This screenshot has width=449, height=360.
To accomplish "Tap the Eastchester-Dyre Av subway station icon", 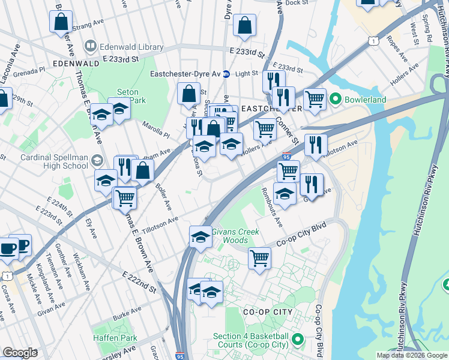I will tap(226, 74).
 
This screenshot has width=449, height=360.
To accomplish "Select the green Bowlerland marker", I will tap(334, 98).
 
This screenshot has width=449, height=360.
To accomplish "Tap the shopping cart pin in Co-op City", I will tap(259, 259).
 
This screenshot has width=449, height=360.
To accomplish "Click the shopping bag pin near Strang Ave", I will tap(61, 22).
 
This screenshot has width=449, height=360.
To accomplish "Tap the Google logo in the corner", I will tap(19, 353).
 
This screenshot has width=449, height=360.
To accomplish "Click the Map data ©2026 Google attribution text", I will tap(412, 355).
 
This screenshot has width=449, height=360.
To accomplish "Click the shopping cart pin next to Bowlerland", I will tap(314, 98).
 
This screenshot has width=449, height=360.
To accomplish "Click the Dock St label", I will tap(296, 3).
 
